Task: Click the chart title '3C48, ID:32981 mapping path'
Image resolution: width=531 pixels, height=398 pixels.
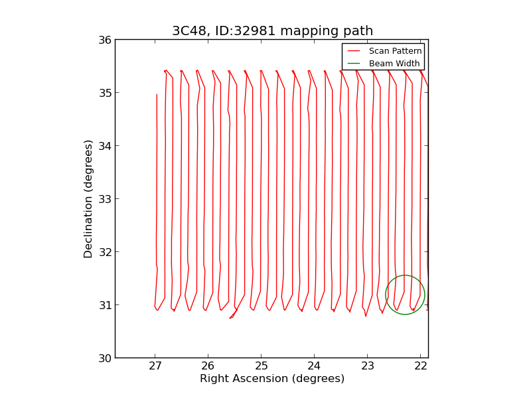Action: [x=272, y=31]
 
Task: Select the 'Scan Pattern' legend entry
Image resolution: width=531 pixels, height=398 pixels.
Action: [x=395, y=51]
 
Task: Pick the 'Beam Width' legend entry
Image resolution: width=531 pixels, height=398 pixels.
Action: [x=394, y=64]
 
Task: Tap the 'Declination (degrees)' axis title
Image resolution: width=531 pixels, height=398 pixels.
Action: [x=89, y=198]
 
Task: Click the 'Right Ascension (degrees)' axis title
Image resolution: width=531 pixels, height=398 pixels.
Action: [x=272, y=379]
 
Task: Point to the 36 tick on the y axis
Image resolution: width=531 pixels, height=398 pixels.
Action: [x=105, y=40]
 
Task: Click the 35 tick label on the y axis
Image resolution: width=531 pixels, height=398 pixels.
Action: [x=105, y=93]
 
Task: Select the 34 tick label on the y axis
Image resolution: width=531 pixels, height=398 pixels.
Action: [x=105, y=146]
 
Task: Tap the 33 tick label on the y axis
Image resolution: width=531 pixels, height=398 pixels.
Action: [x=105, y=199]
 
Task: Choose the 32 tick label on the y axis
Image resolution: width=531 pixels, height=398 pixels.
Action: [x=105, y=252]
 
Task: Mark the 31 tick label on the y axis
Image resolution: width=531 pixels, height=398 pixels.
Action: [x=105, y=305]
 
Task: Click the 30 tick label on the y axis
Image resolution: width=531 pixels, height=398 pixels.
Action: [x=105, y=358]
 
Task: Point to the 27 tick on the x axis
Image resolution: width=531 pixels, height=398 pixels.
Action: [x=155, y=367]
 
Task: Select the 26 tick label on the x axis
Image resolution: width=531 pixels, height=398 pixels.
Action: [x=208, y=367]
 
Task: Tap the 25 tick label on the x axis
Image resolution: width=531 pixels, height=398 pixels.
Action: [x=262, y=367]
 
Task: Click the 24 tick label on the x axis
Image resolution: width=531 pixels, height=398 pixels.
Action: [x=315, y=367]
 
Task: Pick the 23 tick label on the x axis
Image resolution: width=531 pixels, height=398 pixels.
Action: [x=368, y=367]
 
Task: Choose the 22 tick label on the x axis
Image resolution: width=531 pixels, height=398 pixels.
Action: [x=421, y=367]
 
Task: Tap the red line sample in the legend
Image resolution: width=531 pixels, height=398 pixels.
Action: [x=354, y=51]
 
